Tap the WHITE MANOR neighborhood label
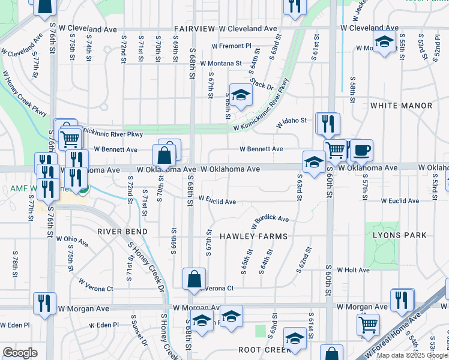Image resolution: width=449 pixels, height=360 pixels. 401,106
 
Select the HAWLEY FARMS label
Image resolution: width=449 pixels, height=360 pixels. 253,236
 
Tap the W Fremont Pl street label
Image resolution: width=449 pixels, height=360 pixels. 232,46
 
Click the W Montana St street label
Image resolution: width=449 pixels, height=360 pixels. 221,63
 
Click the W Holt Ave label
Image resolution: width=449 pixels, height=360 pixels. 353,270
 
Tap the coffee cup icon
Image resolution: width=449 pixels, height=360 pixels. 361,150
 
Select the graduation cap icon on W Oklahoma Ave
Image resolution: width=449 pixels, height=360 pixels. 314,162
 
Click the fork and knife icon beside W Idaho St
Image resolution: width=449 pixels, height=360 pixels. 328,124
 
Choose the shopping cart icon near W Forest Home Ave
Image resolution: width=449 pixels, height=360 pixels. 368,325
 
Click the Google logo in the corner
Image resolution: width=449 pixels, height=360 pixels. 20,353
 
